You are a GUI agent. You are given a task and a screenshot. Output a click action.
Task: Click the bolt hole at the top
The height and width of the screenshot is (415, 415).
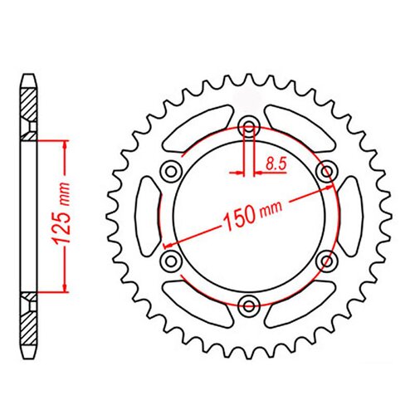249,128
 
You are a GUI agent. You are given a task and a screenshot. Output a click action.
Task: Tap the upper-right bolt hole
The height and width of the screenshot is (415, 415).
325,171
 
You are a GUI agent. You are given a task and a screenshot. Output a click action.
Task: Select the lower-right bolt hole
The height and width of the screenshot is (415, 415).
325,260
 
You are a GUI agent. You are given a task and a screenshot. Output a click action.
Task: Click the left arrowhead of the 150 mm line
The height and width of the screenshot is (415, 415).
168,245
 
